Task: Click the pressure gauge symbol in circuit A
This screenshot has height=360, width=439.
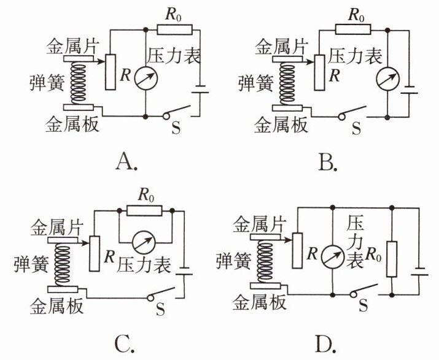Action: [x=146, y=79]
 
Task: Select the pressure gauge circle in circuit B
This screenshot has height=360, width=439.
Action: [x=387, y=79]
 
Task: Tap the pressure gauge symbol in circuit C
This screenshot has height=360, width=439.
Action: [x=144, y=242]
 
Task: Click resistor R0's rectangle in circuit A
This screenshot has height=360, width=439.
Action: [x=175, y=29]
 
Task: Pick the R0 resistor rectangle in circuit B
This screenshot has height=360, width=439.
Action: [x=353, y=29]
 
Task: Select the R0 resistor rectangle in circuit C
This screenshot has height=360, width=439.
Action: [x=144, y=210]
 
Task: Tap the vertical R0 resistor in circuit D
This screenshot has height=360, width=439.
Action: [x=392, y=259]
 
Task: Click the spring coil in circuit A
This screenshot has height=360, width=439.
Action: [x=79, y=83]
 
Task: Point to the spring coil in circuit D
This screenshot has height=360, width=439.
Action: [x=265, y=262]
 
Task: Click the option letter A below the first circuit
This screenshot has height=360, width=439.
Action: [x=126, y=163]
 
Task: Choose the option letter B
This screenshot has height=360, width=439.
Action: [x=328, y=163]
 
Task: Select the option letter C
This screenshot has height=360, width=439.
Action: [x=125, y=344]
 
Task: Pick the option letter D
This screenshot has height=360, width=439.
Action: [x=325, y=344]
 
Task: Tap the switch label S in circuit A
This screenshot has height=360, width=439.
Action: [x=176, y=128]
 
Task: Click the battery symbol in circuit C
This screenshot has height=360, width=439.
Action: [x=184, y=271]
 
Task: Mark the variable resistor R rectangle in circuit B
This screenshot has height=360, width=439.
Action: [x=319, y=72]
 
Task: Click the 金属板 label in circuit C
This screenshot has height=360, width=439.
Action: [x=56, y=306]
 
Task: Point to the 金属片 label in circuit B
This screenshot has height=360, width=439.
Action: [x=282, y=46]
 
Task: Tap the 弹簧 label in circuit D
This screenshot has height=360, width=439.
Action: [x=233, y=261]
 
